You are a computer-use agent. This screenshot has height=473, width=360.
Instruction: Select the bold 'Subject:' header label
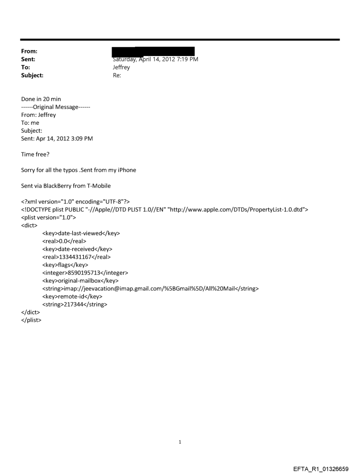[x=33, y=75]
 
